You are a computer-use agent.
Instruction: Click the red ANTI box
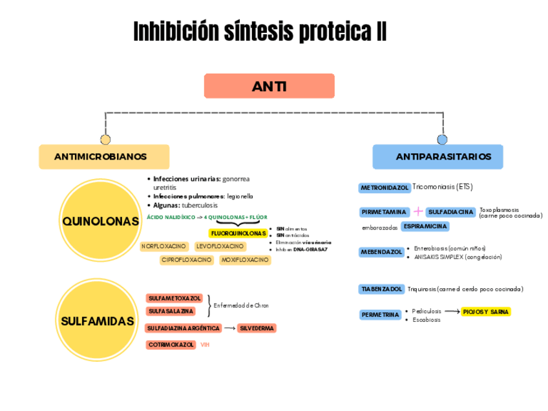tap(269, 86)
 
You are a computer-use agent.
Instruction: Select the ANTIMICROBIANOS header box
tap(104, 156)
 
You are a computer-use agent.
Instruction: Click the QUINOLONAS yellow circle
tap(100, 221)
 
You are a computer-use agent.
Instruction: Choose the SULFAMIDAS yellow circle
tap(98, 321)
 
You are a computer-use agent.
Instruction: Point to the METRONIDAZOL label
tap(385, 188)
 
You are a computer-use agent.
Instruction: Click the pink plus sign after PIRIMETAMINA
tap(418, 211)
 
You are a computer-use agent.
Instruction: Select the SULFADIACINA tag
tap(451, 212)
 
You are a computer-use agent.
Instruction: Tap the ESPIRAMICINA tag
tap(425, 227)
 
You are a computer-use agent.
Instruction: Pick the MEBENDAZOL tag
tap(381, 252)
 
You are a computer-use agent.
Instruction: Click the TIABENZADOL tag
tap(382, 289)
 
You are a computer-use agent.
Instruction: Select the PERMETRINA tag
tap(380, 315)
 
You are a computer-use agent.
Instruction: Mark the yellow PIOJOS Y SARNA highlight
tap(486, 312)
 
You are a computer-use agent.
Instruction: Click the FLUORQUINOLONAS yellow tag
tap(238, 233)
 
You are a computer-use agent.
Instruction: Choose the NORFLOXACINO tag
tap(164, 246)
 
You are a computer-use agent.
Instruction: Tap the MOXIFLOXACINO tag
tap(245, 260)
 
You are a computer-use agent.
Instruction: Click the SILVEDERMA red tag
tap(257, 328)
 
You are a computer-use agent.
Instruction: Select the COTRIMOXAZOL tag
tap(171, 345)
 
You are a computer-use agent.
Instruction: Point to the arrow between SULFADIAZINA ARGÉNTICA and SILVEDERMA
tap(229, 328)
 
